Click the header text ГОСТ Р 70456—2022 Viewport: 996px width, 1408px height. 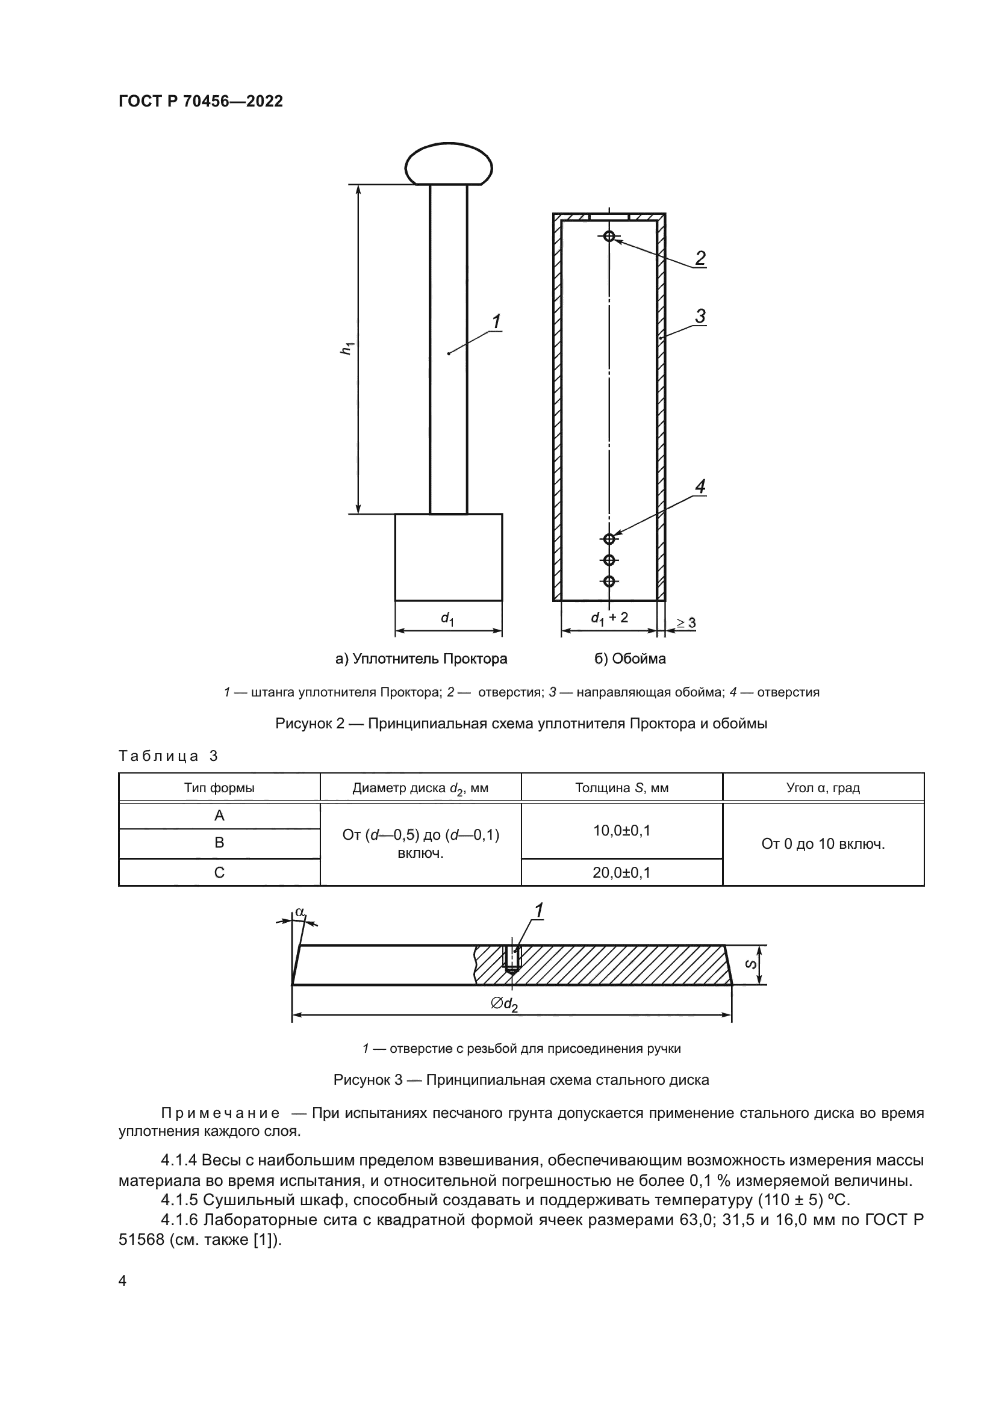(201, 102)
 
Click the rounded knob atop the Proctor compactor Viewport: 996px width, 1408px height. (449, 164)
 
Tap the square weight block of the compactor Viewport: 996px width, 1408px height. (449, 557)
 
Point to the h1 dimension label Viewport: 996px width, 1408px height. (347, 349)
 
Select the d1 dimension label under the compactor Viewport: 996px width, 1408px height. (447, 619)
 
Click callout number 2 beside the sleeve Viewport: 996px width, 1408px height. (700, 258)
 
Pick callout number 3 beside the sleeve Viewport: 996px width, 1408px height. (700, 317)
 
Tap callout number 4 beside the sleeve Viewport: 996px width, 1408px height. (700, 486)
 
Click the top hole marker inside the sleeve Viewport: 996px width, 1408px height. (609, 236)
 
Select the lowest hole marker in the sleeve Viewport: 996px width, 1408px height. (609, 581)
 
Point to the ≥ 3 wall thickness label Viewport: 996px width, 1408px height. (686, 623)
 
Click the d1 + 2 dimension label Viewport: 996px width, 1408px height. (609, 618)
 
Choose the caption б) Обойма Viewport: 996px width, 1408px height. (630, 659)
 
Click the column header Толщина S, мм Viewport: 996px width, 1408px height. (621, 788)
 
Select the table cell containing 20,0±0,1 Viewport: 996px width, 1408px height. (621, 872)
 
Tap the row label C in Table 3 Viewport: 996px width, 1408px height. (219, 872)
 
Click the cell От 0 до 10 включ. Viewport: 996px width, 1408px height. (823, 844)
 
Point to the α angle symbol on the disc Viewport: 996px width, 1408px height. (299, 913)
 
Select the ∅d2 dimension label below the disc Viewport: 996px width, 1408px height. (504, 1004)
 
